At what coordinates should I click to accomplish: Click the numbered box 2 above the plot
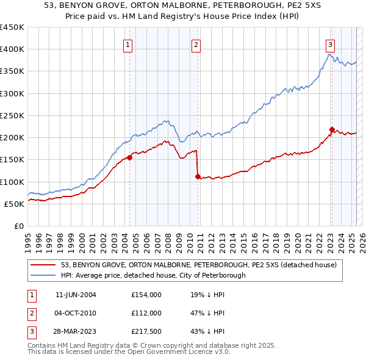[196, 44]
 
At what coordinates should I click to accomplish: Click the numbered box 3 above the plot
[330, 44]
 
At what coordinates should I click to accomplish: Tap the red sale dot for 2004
[129, 158]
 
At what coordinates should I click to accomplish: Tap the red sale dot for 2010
[198, 176]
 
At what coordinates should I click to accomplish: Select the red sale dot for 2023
[332, 129]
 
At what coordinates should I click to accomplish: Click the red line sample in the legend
[42, 265]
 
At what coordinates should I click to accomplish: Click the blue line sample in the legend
[42, 275]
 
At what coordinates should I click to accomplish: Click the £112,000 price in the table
[146, 313]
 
